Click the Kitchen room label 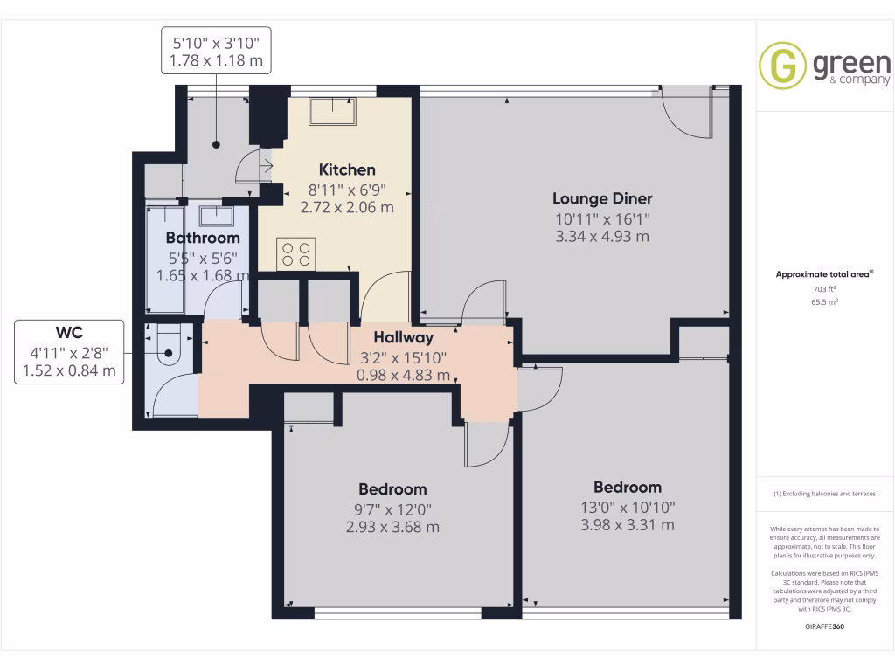click(x=347, y=169)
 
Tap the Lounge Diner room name click(x=602, y=198)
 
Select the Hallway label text click(x=403, y=337)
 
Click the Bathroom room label click(x=203, y=238)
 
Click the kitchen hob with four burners click(x=295, y=254)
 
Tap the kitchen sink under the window click(x=333, y=110)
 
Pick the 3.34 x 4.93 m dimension click(x=602, y=237)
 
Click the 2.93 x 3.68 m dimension click(x=392, y=527)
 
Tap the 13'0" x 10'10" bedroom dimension click(x=627, y=507)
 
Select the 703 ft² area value click(x=824, y=289)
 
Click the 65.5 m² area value click(x=824, y=302)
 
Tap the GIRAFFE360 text click(x=825, y=626)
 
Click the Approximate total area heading click(x=823, y=274)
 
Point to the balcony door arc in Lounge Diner click(x=685, y=116)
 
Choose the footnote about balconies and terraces click(x=824, y=495)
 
